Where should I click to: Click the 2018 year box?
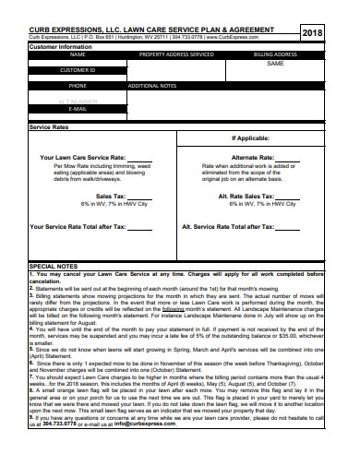[x=314, y=33]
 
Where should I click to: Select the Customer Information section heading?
[x=61, y=46]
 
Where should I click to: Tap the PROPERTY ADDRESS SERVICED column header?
[x=175, y=54]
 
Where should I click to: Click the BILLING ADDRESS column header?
[x=275, y=54]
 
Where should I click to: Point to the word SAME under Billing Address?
[x=275, y=64]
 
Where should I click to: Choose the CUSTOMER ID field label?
[x=78, y=70]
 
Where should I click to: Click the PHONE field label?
[x=78, y=85]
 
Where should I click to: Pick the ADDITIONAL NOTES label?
[x=151, y=85]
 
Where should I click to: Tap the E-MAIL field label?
[x=78, y=108]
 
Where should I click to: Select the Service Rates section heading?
[x=49, y=127]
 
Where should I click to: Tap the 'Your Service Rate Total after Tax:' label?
[x=78, y=226]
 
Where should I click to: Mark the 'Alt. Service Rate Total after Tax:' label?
[x=238, y=226]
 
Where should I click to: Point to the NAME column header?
[x=78, y=54]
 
